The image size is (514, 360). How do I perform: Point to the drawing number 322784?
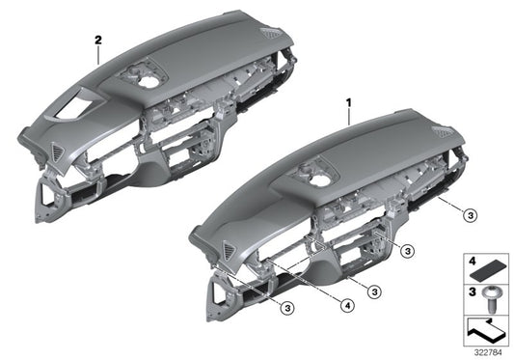point(490,351)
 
